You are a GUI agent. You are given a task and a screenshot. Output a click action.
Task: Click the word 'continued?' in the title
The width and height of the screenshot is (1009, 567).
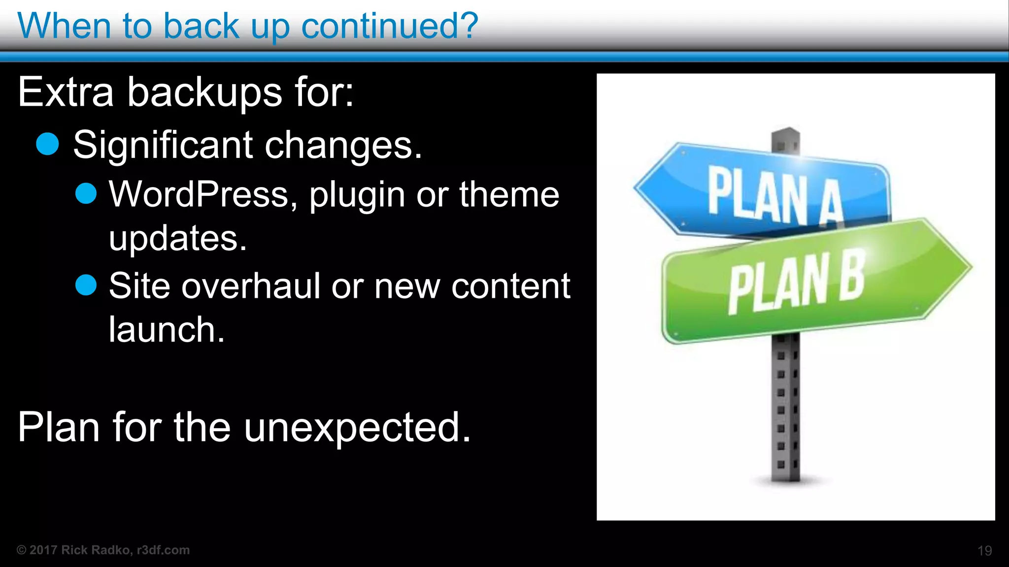[x=389, y=26]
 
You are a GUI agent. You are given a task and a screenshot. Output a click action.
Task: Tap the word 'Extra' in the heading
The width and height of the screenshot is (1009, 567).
[x=66, y=92]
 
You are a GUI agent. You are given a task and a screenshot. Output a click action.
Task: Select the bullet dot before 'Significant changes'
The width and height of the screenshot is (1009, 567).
[x=48, y=144]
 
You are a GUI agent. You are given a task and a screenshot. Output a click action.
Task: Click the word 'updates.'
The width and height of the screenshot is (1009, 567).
[x=177, y=238]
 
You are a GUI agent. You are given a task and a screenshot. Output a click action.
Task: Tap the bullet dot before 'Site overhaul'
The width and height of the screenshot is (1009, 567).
[x=86, y=285]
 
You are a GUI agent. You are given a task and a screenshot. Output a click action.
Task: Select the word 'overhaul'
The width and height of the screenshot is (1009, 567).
[x=251, y=286]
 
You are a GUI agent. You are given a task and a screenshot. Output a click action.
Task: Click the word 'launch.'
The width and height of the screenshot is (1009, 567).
[x=167, y=329]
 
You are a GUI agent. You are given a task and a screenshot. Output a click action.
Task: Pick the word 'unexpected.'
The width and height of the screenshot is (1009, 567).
[x=357, y=427]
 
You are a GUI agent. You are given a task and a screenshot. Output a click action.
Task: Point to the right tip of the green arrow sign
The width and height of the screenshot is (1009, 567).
[x=970, y=267]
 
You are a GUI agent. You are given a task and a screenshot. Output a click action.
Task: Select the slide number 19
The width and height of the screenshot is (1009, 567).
[x=984, y=551]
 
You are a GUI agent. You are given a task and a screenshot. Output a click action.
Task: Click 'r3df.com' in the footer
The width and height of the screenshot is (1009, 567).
[x=163, y=550]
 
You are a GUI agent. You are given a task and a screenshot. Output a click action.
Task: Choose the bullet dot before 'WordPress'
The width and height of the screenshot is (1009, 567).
[x=86, y=193]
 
